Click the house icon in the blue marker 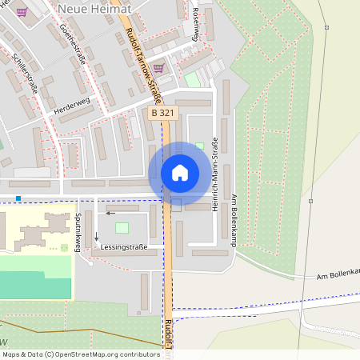[179, 173]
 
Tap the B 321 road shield [162, 114]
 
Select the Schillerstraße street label [25, 73]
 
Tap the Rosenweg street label [196, 16]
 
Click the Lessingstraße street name [124, 248]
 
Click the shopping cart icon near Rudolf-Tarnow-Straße [158, 68]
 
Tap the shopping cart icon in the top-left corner [22, 12]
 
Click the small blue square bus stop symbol [18, 198]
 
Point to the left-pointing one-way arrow [110, 214]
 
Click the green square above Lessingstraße [122, 228]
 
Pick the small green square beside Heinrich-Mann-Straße [199, 146]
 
